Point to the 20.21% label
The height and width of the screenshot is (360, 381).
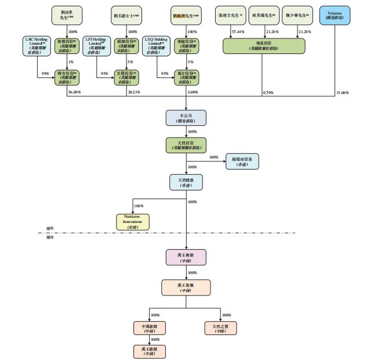tap(134, 93)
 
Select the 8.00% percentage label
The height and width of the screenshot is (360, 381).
tap(193, 93)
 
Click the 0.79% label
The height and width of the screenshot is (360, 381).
tap(267, 93)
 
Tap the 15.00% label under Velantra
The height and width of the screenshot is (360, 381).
tap(343, 93)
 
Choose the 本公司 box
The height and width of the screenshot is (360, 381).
tap(186, 118)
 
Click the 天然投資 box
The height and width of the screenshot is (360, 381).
tap(186, 145)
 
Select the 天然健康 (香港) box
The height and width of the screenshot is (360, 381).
tap(186, 182)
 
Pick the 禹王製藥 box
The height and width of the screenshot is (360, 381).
tap(186, 287)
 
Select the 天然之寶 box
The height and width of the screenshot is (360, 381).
tap(220, 329)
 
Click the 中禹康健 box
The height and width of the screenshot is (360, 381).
tap(150, 329)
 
